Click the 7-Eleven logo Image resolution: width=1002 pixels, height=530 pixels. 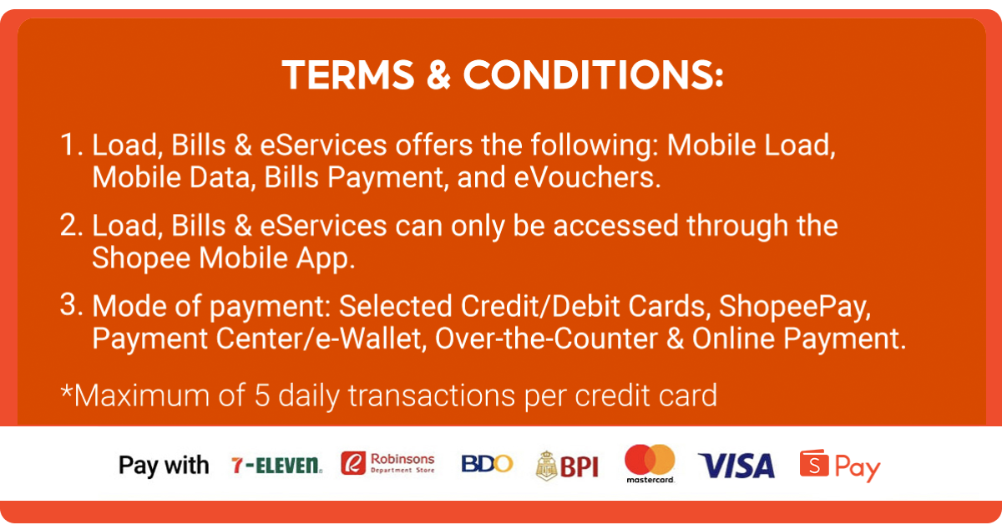(x=276, y=466)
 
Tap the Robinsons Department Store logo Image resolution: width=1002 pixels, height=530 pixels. (x=388, y=464)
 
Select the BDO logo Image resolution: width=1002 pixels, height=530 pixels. (x=487, y=464)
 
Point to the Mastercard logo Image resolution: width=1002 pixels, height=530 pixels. (x=650, y=464)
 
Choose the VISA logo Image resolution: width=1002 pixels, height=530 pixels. (x=736, y=466)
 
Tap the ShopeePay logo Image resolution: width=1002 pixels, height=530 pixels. (x=840, y=466)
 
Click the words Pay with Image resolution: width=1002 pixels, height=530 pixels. (x=164, y=466)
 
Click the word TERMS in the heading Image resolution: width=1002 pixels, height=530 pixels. (x=349, y=76)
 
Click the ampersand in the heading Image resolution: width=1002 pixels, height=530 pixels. (x=439, y=76)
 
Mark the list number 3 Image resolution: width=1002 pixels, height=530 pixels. (x=71, y=307)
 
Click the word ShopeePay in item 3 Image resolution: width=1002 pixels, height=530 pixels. (x=789, y=307)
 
